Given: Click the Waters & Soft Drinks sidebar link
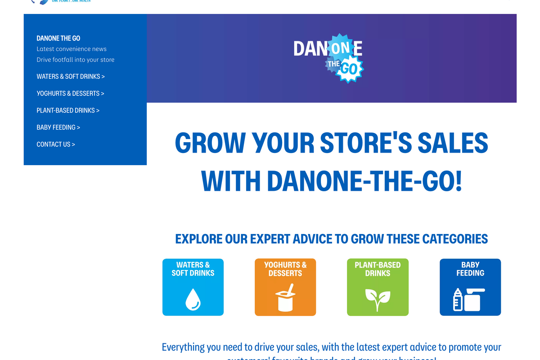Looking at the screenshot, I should coord(71,76).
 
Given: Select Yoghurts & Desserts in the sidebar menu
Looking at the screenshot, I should coord(70,94).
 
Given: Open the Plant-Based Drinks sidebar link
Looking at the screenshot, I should coord(68,110).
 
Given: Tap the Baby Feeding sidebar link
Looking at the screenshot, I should coord(58,127).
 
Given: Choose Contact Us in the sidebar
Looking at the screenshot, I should coord(56,144).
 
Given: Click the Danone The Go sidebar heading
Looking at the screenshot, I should coord(58,38).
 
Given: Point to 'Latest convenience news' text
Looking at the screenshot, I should coord(72,49).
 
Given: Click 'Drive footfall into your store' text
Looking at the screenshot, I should coord(76,60).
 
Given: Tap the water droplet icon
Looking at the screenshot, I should coord(193,299).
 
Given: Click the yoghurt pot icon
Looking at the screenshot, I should coord(285,298).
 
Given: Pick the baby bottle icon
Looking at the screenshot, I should coord(458,299).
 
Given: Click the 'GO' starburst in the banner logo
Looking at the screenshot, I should coord(349,69).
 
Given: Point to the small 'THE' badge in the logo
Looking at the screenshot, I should coord(333,64).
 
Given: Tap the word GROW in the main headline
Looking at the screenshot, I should coord(210,143).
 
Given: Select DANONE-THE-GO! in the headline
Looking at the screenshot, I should coord(364,181).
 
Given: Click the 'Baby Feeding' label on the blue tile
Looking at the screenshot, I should coord(470,269).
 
